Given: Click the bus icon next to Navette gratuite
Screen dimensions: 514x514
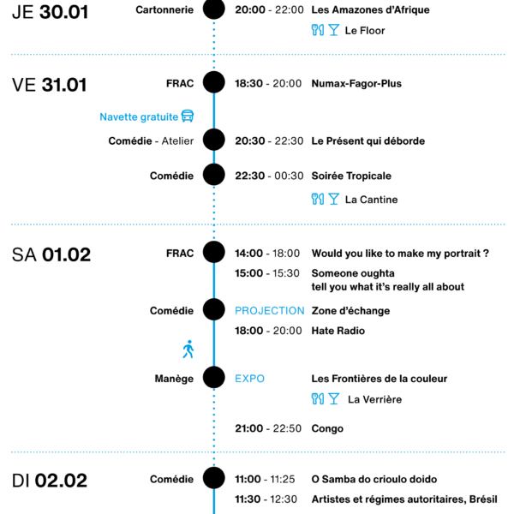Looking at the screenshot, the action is pos(188,116).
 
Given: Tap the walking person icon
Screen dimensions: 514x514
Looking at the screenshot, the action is pos(188,350).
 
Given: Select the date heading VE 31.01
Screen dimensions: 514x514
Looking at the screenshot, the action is pos(50,85).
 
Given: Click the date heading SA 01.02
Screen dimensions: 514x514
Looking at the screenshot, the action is pos(51,254).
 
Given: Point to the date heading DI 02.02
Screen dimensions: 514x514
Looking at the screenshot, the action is pos(50,481).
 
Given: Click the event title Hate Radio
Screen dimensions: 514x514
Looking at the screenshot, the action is pos(338,331).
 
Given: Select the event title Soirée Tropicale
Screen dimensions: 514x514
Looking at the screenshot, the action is pos(351,176).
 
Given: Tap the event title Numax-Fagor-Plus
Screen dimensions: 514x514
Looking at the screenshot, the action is pos(356,84).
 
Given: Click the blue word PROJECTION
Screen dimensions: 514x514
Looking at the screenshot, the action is pos(270,311).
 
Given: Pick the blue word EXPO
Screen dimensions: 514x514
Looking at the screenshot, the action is pos(249,379).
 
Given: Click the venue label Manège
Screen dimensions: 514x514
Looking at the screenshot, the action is pos(174,379).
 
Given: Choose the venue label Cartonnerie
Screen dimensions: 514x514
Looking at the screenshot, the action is pos(164,9).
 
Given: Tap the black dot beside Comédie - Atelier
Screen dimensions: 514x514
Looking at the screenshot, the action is pos(213,140).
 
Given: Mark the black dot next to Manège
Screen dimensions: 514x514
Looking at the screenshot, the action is pos(213,377).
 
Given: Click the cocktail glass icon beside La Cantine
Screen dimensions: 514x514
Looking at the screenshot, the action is pos(334,199).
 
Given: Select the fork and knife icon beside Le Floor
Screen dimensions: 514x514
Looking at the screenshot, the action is pos(318,30).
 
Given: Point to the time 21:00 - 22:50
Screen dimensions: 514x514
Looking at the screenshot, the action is pos(268,428).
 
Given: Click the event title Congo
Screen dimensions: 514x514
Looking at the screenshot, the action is pos(327,429).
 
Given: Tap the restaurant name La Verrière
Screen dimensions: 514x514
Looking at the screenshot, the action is pos(374,399).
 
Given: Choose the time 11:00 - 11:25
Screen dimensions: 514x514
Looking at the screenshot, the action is pos(265,479).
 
